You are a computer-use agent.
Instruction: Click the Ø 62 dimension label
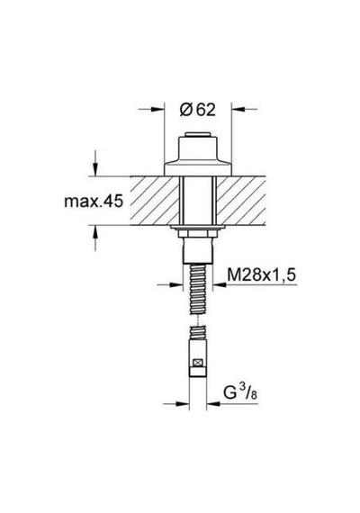[198, 110]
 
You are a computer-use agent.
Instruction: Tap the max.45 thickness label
[94, 201]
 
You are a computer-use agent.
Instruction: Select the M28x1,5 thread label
[261, 274]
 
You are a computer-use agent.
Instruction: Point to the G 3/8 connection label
[240, 391]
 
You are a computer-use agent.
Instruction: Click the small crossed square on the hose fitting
[197, 363]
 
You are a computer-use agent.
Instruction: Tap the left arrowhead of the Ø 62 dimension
[157, 109]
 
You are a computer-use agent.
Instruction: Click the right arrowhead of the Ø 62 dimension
[238, 109]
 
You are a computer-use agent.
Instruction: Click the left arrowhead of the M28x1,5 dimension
[175, 284]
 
